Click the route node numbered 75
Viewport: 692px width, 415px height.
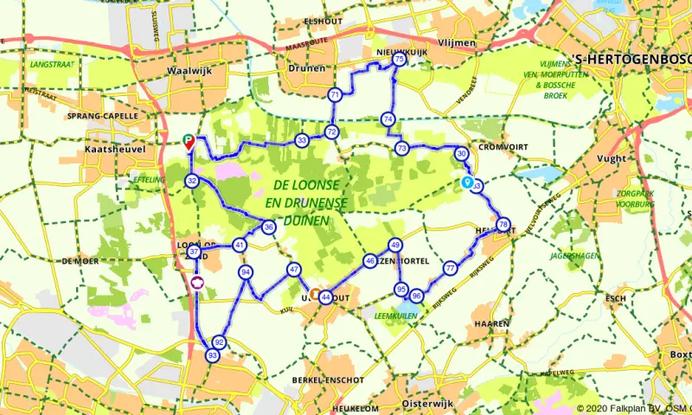pos(398,61)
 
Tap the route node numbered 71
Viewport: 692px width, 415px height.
pos(335,94)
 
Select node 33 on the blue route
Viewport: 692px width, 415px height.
pos(301,140)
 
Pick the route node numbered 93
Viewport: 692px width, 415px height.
pos(213,355)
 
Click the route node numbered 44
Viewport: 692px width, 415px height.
pos(325,297)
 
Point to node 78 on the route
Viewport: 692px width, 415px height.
pos(503,225)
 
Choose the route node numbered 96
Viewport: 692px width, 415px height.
pos(416,296)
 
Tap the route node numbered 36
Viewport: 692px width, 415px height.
pos(269,227)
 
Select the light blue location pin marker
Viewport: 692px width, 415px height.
pos(468,182)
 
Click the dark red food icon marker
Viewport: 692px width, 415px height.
pos(196,283)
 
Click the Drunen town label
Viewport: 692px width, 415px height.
pos(308,67)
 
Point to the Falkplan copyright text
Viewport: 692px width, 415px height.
pos(631,408)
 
